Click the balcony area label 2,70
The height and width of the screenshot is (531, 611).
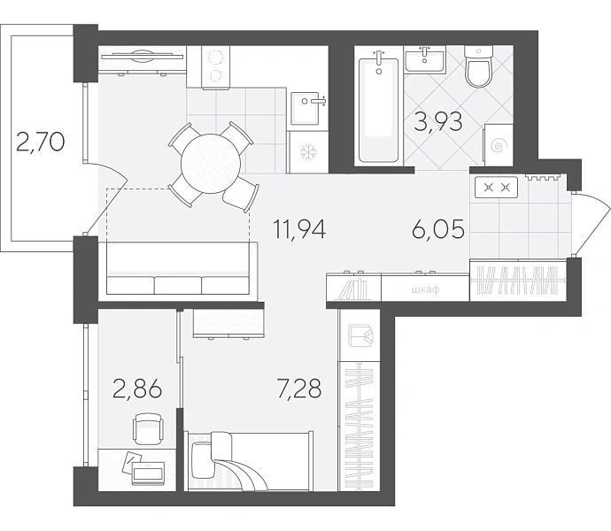[41, 142]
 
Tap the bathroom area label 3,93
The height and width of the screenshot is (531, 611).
[438, 121]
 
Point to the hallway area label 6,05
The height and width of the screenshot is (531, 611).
[438, 228]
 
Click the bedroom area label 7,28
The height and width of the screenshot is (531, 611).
[299, 389]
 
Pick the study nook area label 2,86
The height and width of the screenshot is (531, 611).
[137, 389]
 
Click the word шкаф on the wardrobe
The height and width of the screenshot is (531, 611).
[426, 289]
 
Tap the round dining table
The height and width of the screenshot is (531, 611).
[211, 164]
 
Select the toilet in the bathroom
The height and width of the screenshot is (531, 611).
[478, 66]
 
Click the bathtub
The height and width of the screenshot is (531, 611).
[378, 110]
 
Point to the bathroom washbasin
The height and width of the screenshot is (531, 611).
[425, 59]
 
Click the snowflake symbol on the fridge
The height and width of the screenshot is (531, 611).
[308, 152]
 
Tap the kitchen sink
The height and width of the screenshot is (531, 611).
[307, 108]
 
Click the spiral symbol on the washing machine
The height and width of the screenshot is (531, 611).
[498, 146]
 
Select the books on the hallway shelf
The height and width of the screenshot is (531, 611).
[353, 289]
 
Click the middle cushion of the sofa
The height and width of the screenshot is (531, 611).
[178, 285]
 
